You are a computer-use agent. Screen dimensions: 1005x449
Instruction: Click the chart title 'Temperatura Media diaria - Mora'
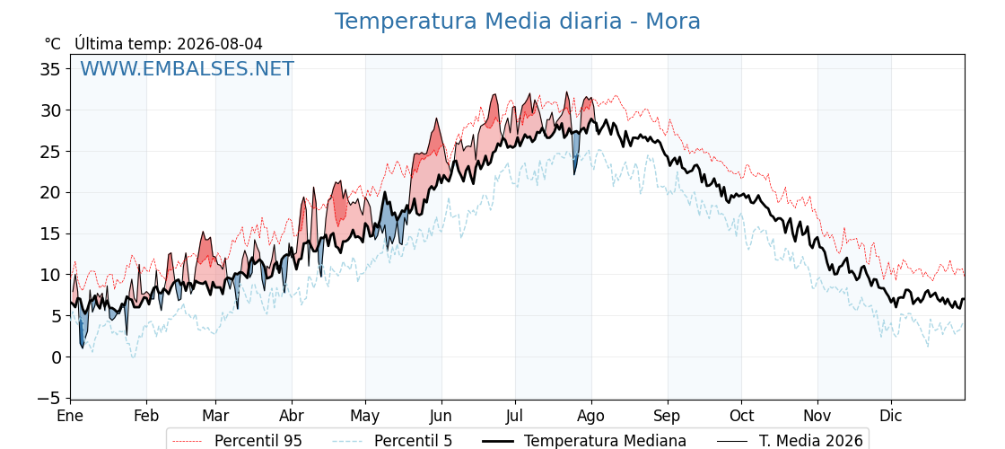tap(517, 22)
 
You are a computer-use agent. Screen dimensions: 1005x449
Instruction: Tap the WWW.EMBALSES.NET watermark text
tap(187, 68)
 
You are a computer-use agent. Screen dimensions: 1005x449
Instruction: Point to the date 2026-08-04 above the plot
tap(220, 44)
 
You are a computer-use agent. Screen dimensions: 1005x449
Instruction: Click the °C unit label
tap(53, 44)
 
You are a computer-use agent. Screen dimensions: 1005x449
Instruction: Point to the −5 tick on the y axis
tap(48, 399)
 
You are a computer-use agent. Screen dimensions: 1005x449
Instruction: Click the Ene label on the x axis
tap(71, 416)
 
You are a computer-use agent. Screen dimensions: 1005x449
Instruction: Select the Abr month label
tap(292, 416)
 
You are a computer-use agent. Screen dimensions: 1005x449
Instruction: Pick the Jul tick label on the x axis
tap(515, 416)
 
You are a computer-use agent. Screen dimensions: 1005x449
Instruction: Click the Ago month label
tap(591, 416)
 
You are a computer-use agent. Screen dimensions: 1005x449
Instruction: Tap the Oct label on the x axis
tap(741, 416)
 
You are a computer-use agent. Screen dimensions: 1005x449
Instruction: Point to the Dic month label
tap(891, 416)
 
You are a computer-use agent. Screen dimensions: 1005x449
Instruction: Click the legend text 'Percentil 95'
tap(258, 441)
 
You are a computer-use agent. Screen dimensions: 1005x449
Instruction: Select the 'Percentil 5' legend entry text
tap(414, 441)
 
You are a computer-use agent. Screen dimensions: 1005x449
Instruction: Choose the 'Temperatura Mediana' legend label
tap(605, 441)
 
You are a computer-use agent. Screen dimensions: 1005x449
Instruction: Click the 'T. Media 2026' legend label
tap(811, 441)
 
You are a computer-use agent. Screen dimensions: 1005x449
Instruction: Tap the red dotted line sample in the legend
tap(188, 441)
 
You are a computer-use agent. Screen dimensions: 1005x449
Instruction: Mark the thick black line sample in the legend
tap(497, 441)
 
